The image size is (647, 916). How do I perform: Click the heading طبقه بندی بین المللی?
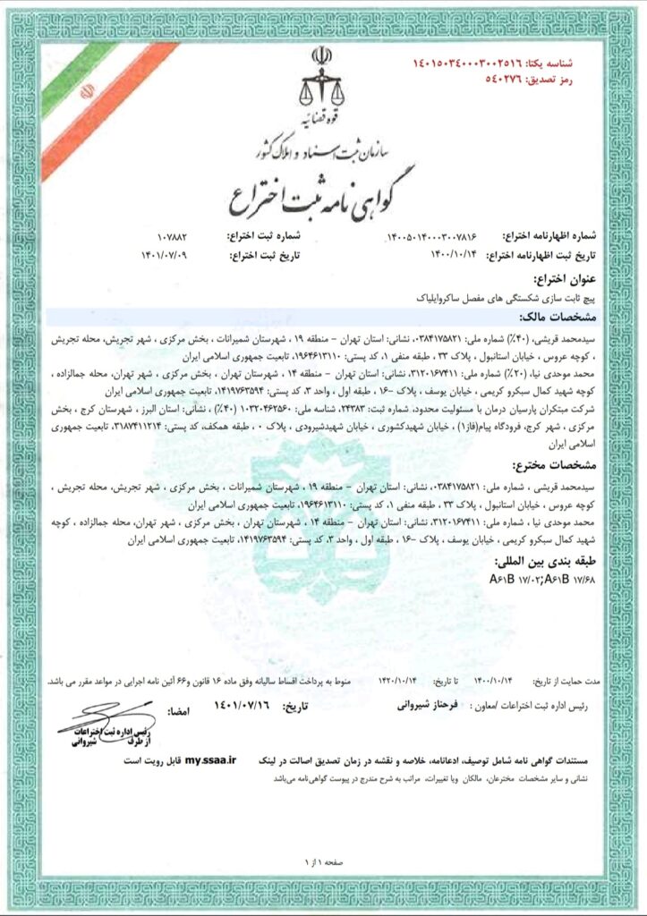550,562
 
